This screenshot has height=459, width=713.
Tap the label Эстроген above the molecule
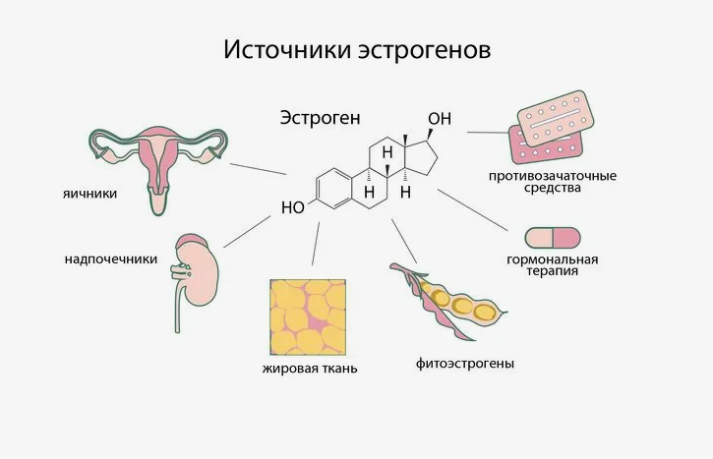pyautogui.click(x=321, y=118)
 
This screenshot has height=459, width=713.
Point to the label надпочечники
pyautogui.click(x=110, y=259)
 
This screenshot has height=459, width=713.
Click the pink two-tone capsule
pyautogui.click(x=553, y=238)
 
